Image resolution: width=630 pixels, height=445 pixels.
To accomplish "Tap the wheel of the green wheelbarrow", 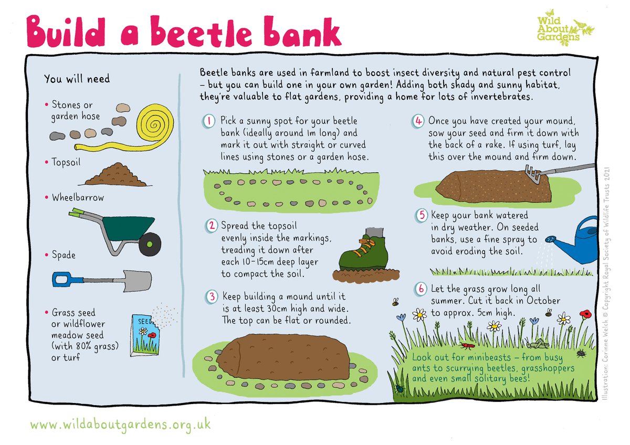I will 153,241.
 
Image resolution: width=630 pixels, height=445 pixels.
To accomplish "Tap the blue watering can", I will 577,241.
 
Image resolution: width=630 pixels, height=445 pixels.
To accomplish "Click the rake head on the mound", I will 531,173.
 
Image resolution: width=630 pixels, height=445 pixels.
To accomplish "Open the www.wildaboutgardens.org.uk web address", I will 120,423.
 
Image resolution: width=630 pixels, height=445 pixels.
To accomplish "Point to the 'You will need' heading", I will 77,79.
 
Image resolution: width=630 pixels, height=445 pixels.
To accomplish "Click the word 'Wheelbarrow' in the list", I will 78,198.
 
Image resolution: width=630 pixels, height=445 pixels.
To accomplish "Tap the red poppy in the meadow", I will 584,314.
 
